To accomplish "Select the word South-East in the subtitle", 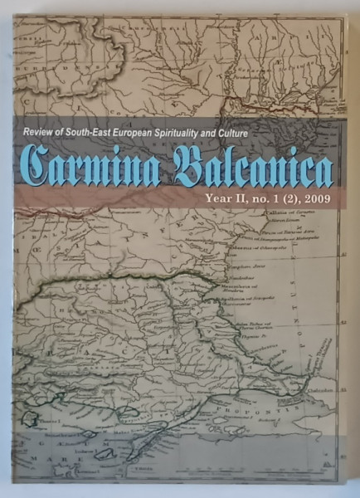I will [x=97, y=133].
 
